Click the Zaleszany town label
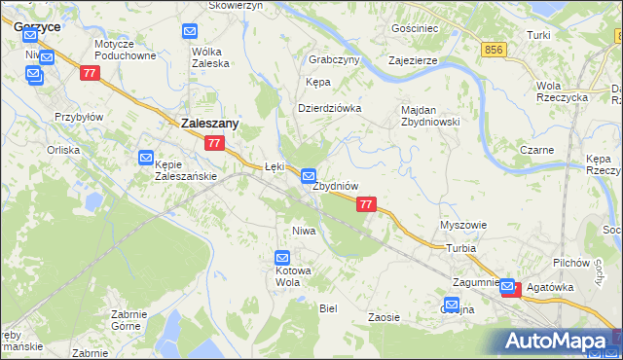211,124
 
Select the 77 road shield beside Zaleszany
216,144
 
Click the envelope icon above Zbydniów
309,177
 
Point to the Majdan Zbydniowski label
430,115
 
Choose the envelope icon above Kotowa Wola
282,258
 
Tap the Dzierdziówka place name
329,108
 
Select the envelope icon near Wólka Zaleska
190,32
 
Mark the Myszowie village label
463,225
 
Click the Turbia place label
461,248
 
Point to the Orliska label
63,150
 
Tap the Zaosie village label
385,317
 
